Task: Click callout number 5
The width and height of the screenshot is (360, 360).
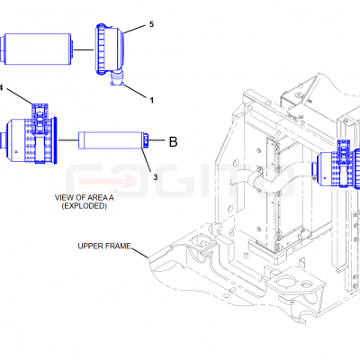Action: (151, 24)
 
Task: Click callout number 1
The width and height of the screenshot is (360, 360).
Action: (152, 100)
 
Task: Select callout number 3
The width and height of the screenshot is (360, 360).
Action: (155, 177)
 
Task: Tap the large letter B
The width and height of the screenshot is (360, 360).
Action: (173, 141)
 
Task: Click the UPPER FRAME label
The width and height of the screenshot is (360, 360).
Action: (104, 246)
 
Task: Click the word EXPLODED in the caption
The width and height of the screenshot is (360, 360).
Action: (85, 206)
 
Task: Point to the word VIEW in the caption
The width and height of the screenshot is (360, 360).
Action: (64, 198)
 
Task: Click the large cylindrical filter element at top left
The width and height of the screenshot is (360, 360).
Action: (37, 49)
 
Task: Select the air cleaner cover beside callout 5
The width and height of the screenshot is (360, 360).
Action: (110, 49)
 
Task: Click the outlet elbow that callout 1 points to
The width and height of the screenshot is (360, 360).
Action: (117, 78)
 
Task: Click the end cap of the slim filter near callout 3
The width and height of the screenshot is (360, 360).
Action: (145, 140)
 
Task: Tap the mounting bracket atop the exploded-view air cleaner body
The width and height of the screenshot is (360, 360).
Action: (40, 119)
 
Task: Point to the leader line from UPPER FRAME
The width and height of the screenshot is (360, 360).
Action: (139, 253)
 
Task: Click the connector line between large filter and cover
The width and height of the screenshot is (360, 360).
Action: (84, 49)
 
